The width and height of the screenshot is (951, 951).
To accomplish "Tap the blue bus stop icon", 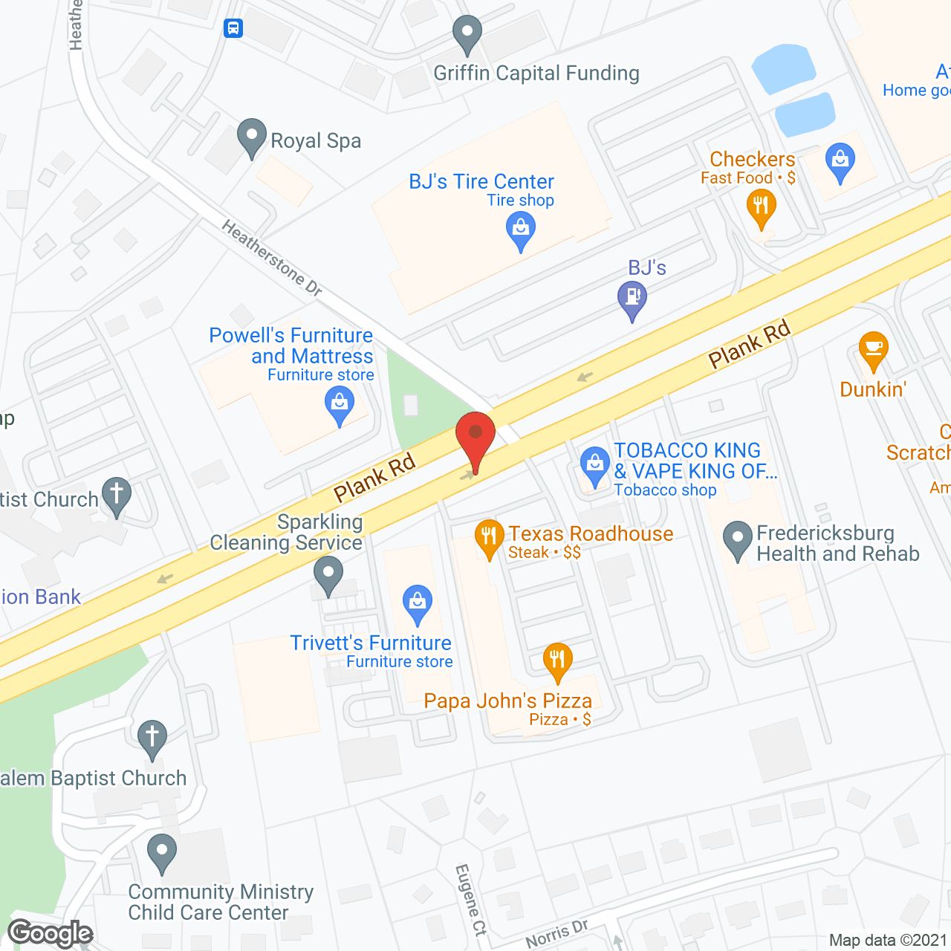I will click(233, 29).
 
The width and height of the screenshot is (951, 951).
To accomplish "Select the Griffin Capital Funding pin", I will click(467, 33).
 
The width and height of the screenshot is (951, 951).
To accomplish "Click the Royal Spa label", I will click(316, 140).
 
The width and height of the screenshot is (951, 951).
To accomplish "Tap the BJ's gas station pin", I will click(632, 299).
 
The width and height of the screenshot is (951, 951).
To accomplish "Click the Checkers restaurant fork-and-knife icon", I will click(761, 206).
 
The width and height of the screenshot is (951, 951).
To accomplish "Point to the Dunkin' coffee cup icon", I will click(873, 349).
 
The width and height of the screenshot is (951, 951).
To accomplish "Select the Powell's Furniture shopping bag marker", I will click(340, 406).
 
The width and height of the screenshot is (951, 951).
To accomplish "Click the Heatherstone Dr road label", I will click(272, 259).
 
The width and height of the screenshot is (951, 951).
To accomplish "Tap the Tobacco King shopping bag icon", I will click(594, 465).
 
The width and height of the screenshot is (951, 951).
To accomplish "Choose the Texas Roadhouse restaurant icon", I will click(489, 537).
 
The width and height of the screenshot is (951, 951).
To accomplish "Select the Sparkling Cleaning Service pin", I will click(328, 575).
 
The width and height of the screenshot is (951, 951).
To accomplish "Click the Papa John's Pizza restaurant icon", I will click(557, 660).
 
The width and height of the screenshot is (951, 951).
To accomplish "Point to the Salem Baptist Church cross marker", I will click(152, 738).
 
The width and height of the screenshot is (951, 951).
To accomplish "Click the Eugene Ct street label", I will click(471, 900).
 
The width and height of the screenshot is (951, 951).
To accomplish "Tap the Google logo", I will click(51, 933).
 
